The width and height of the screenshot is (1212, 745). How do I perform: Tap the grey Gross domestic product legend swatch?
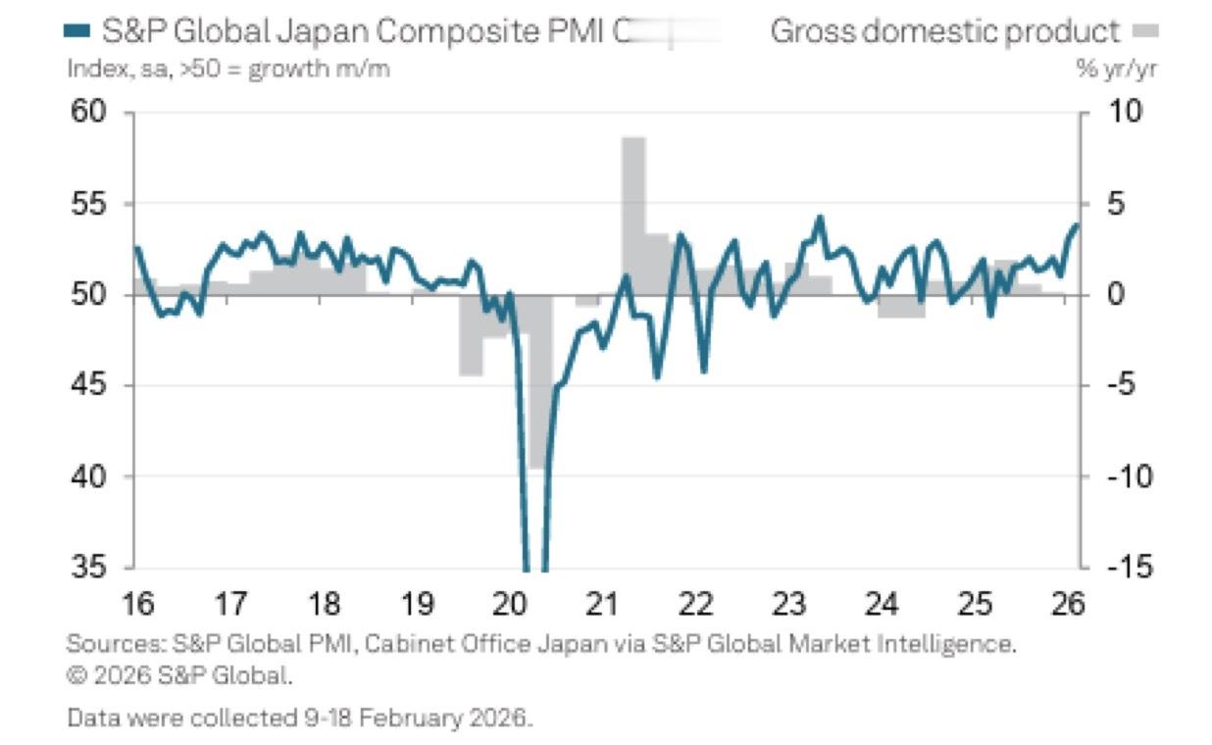pyautogui.click(x=1145, y=32)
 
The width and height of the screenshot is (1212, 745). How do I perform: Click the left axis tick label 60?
pyautogui.click(x=87, y=112)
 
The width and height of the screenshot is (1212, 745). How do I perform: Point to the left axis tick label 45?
pyautogui.click(x=87, y=385)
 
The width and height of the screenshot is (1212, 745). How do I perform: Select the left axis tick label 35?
pyautogui.click(x=87, y=568)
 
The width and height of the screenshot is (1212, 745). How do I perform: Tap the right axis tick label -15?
pyautogui.click(x=1124, y=568)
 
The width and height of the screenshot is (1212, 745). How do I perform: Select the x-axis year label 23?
pyautogui.click(x=789, y=604)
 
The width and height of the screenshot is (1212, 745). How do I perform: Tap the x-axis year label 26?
pyautogui.click(x=1070, y=604)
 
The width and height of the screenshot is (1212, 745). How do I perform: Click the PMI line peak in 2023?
pyautogui.click(x=820, y=217)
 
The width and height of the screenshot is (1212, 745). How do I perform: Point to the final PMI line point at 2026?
pyautogui.click(x=1077, y=224)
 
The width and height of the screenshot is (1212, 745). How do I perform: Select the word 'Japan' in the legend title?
pyautogui.click(x=324, y=31)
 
